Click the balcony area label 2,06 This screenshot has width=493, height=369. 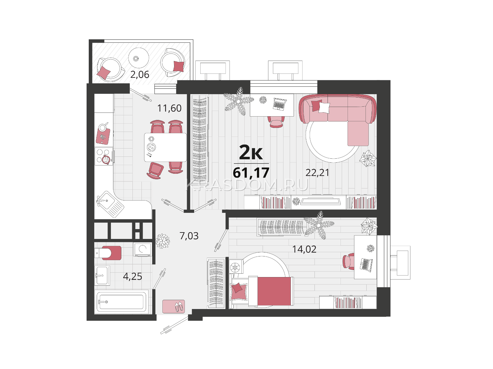pyautogui.click(x=140, y=75)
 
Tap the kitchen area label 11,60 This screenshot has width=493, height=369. pyautogui.click(x=169, y=108)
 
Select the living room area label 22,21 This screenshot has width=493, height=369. pyautogui.click(x=317, y=173)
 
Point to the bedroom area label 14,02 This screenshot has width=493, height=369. pyautogui.click(x=304, y=249)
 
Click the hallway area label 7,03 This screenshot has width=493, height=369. pyautogui.click(x=189, y=236)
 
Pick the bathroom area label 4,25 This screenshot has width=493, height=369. pyautogui.click(x=132, y=276)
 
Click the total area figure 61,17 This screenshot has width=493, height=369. pyautogui.click(x=251, y=173)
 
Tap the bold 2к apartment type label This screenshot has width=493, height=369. pyautogui.click(x=251, y=152)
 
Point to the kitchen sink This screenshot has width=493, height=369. pyautogui.click(x=110, y=204)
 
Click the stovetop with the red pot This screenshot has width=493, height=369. pyautogui.click(x=104, y=156)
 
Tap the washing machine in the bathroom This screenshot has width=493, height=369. pyautogui.click(x=142, y=249)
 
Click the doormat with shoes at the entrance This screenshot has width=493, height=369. pyautogui.click(x=173, y=307)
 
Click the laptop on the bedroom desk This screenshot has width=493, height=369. pyautogui.click(x=366, y=265)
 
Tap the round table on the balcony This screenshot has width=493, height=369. pyautogui.click(x=139, y=58)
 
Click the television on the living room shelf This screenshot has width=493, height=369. pyautogui.click(x=320, y=201)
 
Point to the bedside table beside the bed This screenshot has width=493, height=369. pyautogui.click(x=236, y=267)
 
